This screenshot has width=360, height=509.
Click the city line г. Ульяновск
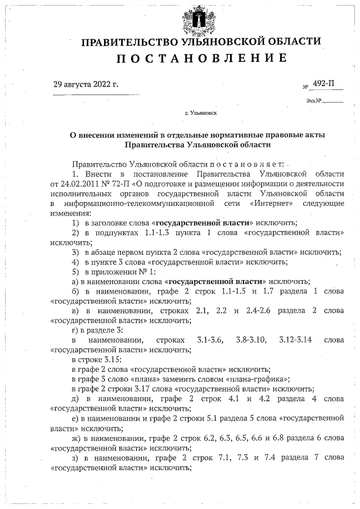201,113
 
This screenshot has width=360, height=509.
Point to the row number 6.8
285,438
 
